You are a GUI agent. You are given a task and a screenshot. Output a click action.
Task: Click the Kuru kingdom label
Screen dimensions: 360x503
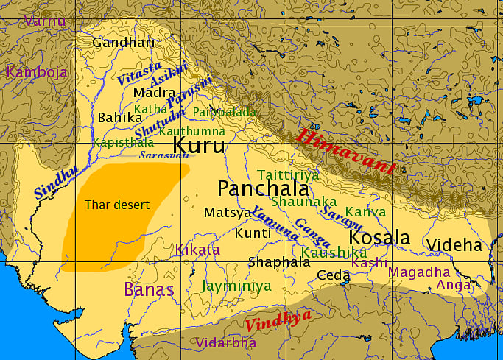tap(198, 145)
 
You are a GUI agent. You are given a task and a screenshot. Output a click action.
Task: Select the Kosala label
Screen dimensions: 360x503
tap(379, 238)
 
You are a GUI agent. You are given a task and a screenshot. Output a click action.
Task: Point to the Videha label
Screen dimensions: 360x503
tap(455, 245)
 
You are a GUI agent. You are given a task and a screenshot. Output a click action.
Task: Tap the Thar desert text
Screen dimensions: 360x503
tap(117, 205)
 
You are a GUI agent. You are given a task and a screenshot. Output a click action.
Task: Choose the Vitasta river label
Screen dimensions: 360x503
tap(139, 74)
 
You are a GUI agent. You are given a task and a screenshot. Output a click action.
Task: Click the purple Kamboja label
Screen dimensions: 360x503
tap(37, 72)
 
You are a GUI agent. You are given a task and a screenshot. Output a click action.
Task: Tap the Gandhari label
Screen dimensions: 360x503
tap(124, 43)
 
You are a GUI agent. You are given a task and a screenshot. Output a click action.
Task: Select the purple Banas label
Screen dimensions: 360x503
tap(150, 289)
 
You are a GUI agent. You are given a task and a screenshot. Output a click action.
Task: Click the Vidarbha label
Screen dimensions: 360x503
tap(226, 342)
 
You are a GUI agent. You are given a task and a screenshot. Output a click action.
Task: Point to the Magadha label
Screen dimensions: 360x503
tap(418, 272)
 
